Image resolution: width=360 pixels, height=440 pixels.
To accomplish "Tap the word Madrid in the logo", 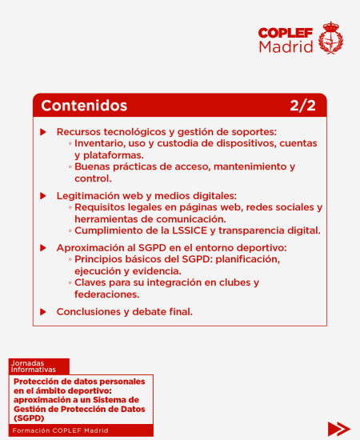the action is point(286,47).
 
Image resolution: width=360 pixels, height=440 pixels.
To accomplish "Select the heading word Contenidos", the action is point(84,106).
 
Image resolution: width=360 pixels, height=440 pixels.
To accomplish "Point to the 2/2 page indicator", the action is point(303,106).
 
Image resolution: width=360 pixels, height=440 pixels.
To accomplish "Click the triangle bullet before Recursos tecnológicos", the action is point(43,131).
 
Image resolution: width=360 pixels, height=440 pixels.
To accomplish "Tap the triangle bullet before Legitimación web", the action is point(43,195).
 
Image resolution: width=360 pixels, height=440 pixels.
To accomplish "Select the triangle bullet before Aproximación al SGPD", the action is point(43,248).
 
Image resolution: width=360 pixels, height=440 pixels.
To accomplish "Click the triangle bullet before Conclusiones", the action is point(43,311).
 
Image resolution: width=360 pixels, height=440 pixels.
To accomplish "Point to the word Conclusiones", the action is point(88,311).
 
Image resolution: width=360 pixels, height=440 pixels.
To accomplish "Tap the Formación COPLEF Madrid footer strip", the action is point(80,430).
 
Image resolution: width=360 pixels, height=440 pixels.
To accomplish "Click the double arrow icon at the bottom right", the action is point(338,428).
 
